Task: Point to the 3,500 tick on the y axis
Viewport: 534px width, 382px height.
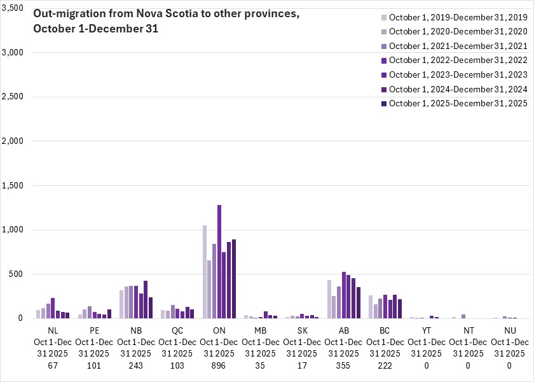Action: [13, 8]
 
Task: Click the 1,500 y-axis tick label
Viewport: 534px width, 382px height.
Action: [13, 185]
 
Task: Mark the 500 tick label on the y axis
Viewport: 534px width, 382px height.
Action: [17, 274]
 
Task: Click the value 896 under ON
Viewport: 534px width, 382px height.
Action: [219, 365]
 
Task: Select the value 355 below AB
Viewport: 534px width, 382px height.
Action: [343, 365]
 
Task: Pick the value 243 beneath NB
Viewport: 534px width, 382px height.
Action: [136, 365]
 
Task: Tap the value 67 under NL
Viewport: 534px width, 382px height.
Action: [53, 365]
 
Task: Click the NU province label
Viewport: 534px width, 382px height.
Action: [509, 331]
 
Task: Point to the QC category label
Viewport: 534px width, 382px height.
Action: [177, 331]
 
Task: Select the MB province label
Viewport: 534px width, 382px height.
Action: [261, 331]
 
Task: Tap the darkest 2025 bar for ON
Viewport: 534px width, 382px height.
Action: [234, 279]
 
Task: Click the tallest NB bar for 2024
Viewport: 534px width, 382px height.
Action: [146, 299]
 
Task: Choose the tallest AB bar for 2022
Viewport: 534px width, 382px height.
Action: [344, 295]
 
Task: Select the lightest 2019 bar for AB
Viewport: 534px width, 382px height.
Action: [329, 299]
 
